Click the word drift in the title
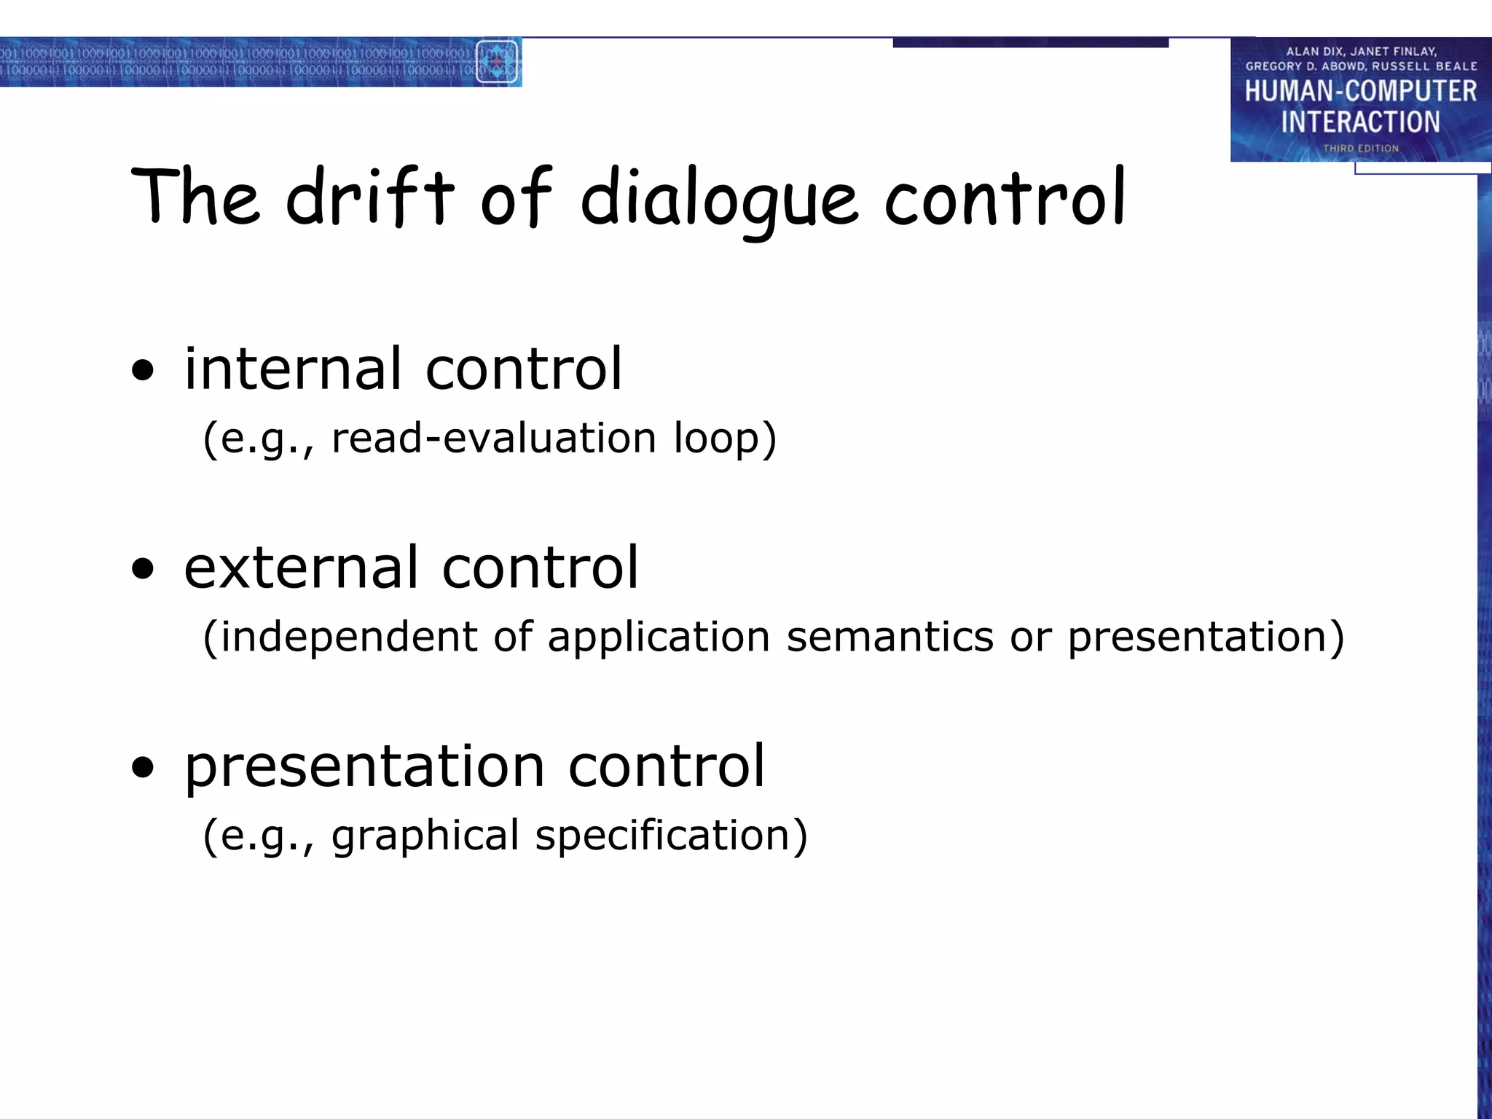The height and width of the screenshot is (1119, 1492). coord(370,197)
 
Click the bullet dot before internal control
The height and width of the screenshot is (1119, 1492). coord(144,372)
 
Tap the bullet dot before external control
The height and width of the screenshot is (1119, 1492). coord(144,570)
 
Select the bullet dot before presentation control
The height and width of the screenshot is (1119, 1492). coord(144,768)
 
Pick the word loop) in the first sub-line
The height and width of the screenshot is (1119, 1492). coord(725,439)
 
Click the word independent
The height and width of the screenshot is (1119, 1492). coord(349,637)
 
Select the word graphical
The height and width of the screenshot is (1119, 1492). coord(425,836)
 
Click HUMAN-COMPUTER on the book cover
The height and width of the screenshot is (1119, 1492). coord(1360,92)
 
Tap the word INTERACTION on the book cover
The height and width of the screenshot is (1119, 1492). coord(1360,122)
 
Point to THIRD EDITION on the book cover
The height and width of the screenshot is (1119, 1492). coord(1360,149)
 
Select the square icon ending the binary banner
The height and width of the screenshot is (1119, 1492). coord(497,62)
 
